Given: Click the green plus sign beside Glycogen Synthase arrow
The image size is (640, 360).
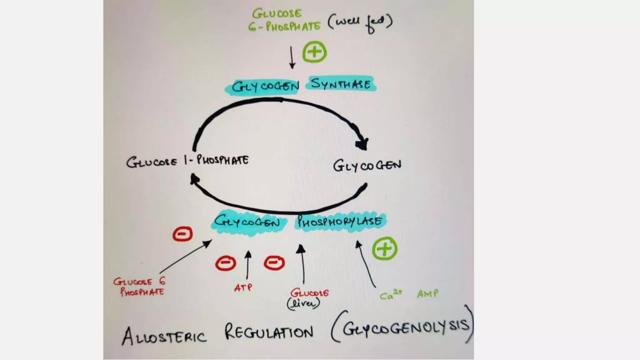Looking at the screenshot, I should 314,52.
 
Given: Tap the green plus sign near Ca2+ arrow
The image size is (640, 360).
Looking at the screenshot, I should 385,249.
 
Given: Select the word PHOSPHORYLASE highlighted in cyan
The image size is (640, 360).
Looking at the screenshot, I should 340,222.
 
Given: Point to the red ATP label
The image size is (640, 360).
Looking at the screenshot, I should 243,287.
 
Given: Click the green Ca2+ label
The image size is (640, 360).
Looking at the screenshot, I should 391,294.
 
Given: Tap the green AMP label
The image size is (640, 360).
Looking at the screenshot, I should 427,294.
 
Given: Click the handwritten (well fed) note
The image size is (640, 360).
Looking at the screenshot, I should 360,22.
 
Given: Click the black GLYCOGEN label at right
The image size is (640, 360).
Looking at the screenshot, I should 367,165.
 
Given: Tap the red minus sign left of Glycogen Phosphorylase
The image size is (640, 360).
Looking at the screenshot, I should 183,234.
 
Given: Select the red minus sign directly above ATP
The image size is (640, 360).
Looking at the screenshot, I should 226,263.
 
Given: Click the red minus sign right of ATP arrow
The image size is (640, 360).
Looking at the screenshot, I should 274,262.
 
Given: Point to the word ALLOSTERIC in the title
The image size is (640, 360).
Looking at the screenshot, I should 164,336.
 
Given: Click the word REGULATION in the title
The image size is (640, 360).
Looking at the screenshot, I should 269,332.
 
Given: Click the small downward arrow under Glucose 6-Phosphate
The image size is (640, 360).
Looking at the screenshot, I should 292,57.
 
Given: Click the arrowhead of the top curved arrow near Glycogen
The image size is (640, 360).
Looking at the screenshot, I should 362,144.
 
